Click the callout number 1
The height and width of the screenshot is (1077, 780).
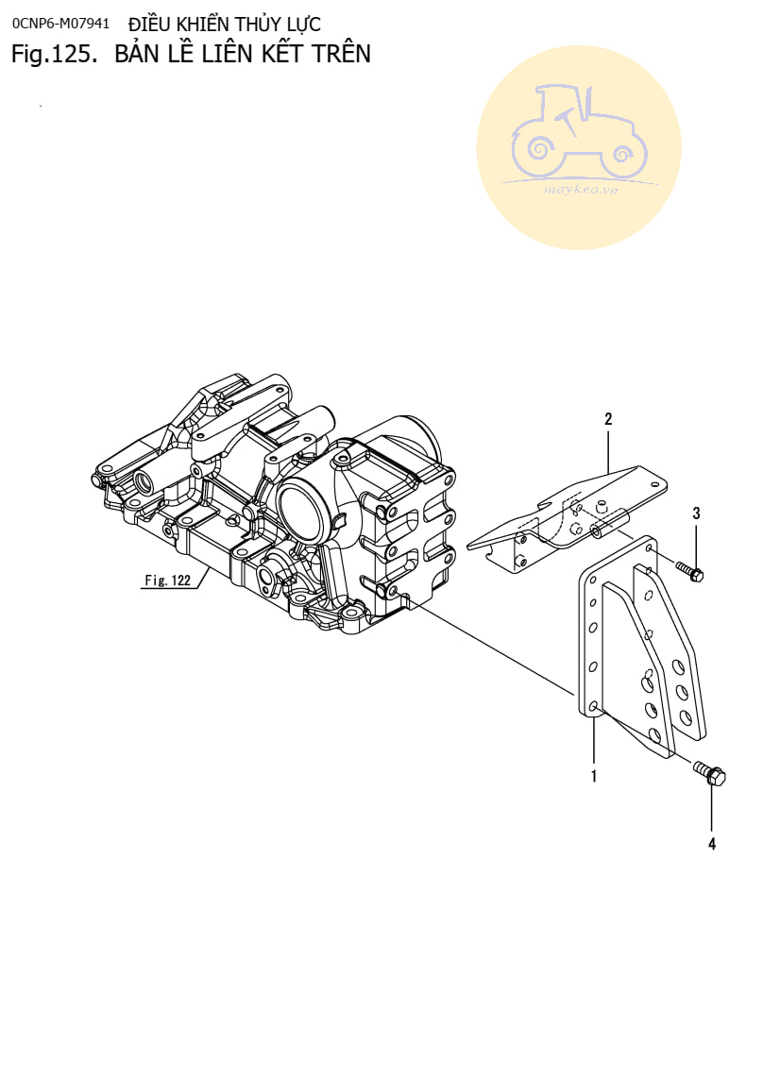593,777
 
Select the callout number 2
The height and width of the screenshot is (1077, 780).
608,419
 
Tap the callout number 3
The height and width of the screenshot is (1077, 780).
696,513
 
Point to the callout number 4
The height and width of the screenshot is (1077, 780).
712,845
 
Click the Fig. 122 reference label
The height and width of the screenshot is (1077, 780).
168,581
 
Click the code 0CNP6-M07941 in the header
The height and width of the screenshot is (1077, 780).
60,23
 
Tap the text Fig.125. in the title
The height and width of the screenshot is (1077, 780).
55,55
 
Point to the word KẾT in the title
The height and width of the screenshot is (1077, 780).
280,54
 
